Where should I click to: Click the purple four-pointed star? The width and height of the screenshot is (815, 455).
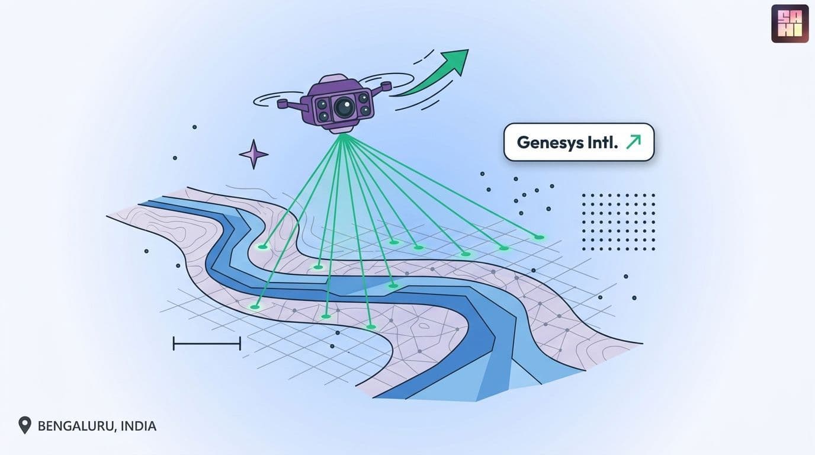coord(254,155)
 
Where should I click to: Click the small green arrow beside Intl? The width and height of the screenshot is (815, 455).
coord(633,142)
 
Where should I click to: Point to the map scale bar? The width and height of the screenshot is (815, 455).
coord(207,343)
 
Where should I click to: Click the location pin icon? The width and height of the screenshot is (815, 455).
coord(25,425)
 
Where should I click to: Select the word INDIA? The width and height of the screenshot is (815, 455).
coord(138,425)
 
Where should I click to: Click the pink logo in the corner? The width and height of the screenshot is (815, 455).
coord(790,24)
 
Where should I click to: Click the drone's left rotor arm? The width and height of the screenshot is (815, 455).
coord(290,104)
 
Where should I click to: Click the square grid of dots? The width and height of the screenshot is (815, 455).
coord(618,222)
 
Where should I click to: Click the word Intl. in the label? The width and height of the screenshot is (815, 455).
coord(602,142)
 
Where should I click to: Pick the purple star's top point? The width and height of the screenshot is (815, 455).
coord(254,140)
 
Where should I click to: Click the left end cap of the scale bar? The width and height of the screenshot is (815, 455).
coord(174,343)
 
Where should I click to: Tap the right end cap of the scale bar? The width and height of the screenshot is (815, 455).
coord(240,343)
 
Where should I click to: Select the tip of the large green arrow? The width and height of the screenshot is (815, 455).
coord(469,50)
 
